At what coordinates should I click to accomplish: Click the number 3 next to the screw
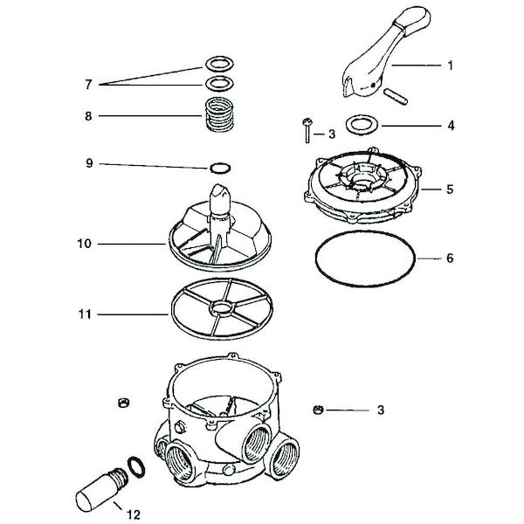click(331, 134)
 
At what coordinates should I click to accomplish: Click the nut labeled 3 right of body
click(316, 408)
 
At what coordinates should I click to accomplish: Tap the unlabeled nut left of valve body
click(123, 401)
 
